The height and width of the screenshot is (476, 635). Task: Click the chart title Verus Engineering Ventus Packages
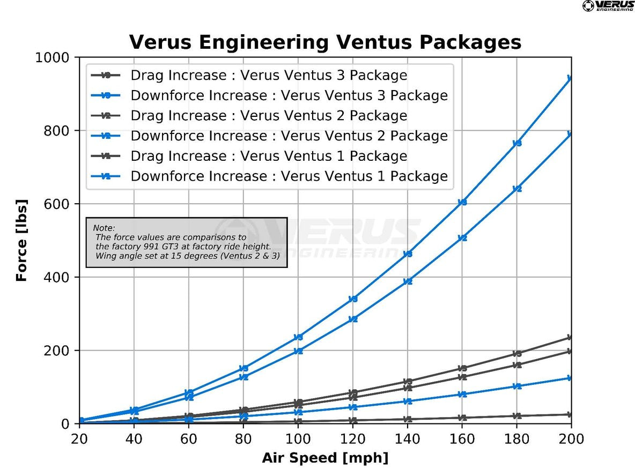click(x=325, y=42)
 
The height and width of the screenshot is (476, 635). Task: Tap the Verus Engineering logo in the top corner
click(x=608, y=6)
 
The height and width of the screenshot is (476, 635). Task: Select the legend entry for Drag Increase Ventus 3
click(x=268, y=75)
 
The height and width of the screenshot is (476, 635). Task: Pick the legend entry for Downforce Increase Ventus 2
click(x=289, y=136)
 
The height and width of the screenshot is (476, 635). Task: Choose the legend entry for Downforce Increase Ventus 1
click(x=289, y=176)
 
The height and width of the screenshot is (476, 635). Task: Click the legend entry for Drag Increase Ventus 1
click(x=268, y=156)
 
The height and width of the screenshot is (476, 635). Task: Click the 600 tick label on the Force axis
click(x=59, y=204)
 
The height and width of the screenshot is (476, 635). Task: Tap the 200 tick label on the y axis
click(x=59, y=351)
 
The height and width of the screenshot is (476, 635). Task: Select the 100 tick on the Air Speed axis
click(x=298, y=439)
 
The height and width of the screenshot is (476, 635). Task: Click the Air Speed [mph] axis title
click(x=325, y=458)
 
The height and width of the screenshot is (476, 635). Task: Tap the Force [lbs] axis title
click(x=21, y=240)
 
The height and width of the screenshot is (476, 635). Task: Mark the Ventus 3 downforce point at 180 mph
click(x=517, y=143)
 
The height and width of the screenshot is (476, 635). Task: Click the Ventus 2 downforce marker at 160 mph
click(x=462, y=237)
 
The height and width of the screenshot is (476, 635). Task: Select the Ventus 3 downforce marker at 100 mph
click(x=298, y=337)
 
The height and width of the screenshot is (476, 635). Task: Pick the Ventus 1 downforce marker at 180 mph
click(x=517, y=386)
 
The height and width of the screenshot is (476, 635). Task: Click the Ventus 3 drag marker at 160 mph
click(x=462, y=368)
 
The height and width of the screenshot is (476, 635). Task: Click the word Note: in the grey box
click(x=104, y=228)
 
